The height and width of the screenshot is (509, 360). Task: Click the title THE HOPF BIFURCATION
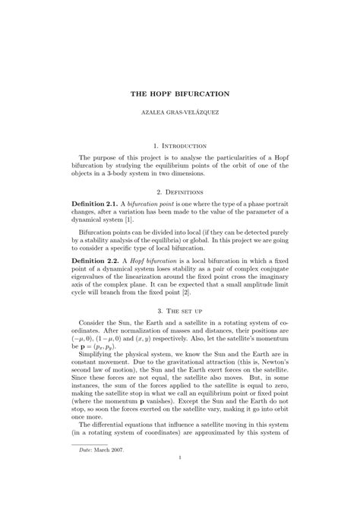[180, 93]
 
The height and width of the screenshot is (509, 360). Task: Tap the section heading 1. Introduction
[180, 144]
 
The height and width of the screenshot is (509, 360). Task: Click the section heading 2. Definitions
[180, 194]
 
